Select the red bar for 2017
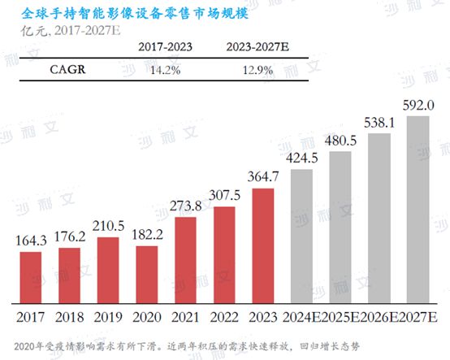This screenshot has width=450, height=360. [31, 276]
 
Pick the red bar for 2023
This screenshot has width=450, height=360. [263, 245]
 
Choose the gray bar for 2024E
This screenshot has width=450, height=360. [302, 235]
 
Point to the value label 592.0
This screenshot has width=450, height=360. [418, 105]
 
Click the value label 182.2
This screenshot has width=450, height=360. [147, 235]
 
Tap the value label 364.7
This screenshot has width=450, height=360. [263, 177]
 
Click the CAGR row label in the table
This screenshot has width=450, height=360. [46, 69]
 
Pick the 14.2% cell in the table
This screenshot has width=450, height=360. [166, 70]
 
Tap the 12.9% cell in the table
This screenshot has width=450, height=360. [255, 70]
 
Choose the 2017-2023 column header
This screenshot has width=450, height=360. [166, 46]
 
